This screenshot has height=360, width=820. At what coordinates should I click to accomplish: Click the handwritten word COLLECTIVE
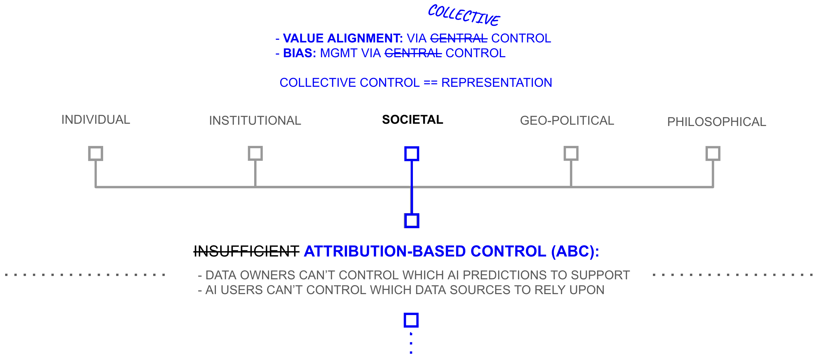click(x=464, y=15)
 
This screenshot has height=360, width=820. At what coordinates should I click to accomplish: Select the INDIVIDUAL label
click(x=96, y=120)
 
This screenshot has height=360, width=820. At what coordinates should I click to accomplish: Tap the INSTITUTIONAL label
click(x=255, y=121)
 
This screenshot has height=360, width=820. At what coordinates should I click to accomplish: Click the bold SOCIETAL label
click(x=413, y=120)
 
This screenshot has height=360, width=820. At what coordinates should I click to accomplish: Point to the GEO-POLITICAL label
click(x=567, y=121)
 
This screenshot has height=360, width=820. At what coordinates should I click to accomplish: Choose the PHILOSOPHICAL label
click(x=717, y=122)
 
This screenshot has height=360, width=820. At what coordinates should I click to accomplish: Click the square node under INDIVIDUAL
click(x=96, y=153)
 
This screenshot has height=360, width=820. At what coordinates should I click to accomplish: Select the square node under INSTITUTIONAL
click(x=255, y=153)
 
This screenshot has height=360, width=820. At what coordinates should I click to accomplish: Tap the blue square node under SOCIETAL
click(x=412, y=154)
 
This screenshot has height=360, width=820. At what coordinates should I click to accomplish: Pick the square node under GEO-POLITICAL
click(x=571, y=153)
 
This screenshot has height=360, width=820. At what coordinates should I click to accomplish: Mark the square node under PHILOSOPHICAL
click(x=713, y=153)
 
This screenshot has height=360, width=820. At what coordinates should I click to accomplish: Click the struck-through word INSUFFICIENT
click(x=246, y=251)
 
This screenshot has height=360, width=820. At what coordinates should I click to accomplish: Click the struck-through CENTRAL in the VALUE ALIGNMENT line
click(x=459, y=38)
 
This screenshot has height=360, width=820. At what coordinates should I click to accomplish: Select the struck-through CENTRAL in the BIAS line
click(x=413, y=53)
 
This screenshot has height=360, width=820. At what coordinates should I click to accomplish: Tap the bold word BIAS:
click(x=299, y=53)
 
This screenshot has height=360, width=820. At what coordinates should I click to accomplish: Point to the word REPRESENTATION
click(x=497, y=83)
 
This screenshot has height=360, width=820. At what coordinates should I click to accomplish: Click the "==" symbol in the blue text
click(x=430, y=83)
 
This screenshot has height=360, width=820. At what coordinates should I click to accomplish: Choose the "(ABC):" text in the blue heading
click(x=575, y=251)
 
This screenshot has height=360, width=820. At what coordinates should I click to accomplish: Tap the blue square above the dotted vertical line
click(x=411, y=320)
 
